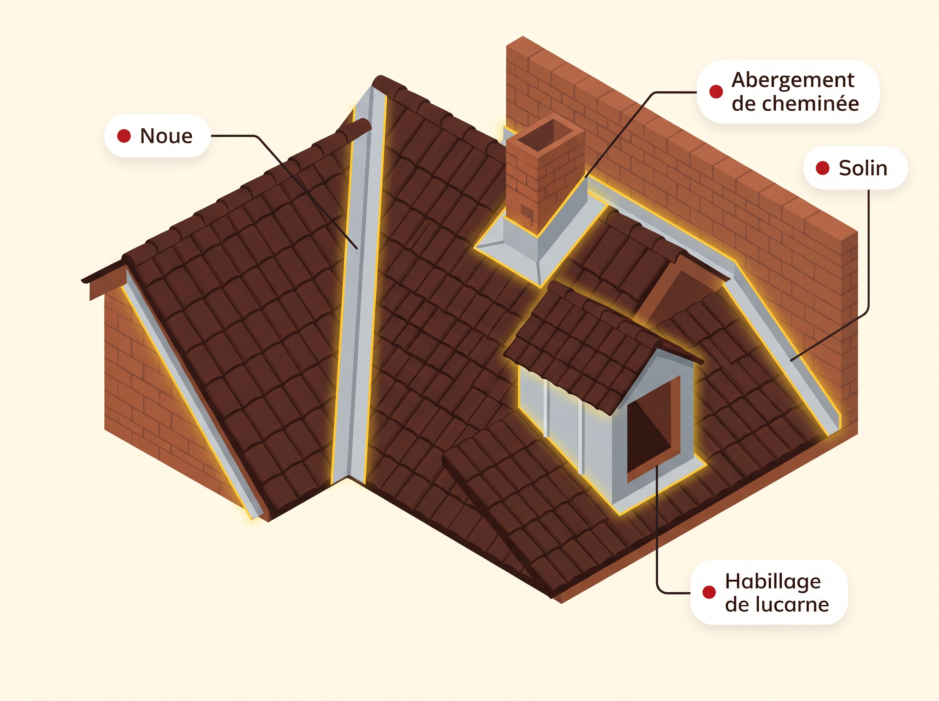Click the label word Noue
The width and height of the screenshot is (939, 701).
click(x=166, y=136)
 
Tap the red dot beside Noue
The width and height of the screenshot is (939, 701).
click(x=124, y=136)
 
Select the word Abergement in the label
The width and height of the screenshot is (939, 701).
click(x=793, y=81)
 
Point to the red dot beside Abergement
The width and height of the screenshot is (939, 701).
click(x=716, y=91)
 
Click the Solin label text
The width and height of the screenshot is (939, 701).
click(x=863, y=168)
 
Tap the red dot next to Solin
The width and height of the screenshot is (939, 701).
click(x=822, y=168)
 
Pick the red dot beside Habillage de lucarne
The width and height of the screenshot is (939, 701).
click(x=709, y=592)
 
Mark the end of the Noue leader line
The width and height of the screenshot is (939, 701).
click(x=357, y=248)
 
